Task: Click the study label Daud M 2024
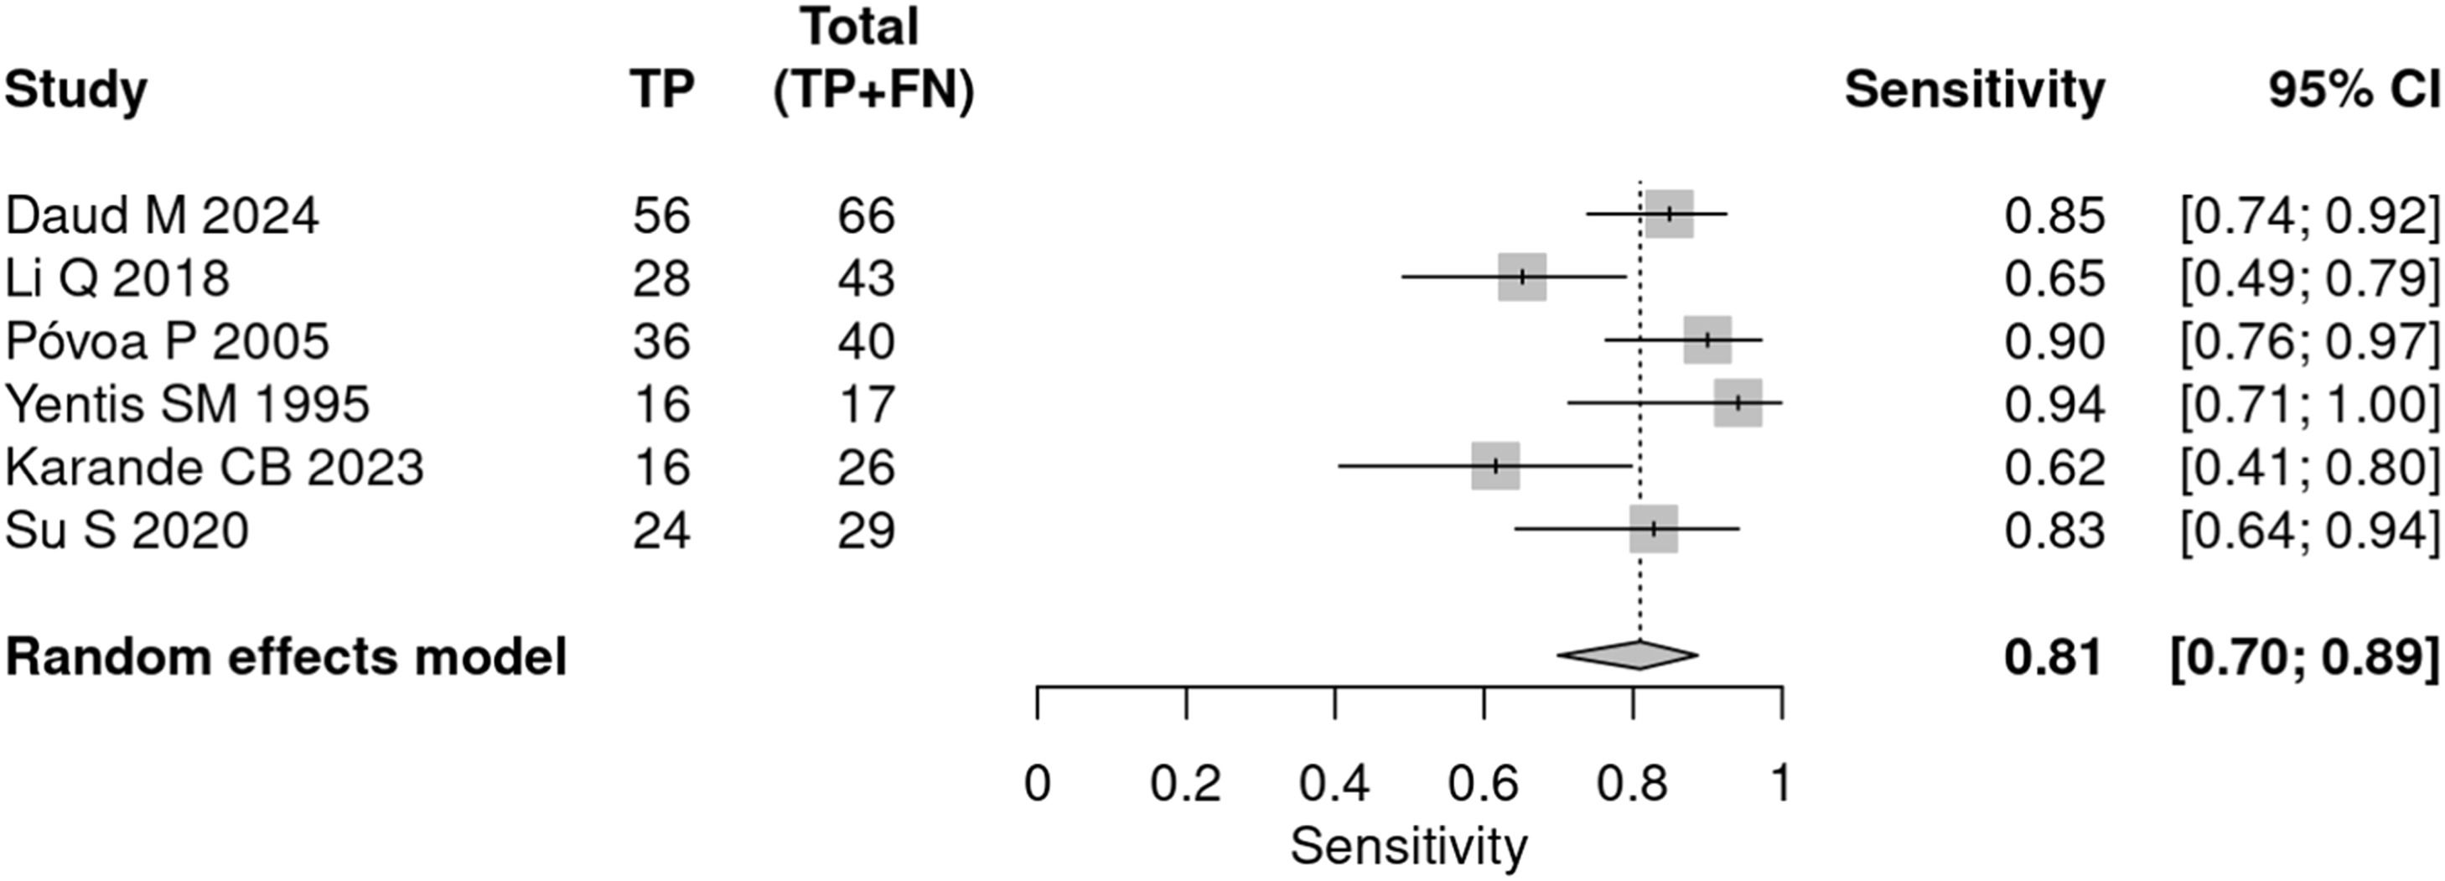click(162, 215)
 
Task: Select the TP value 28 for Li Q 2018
click(661, 278)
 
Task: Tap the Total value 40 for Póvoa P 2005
click(866, 341)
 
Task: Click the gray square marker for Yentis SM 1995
click(1738, 402)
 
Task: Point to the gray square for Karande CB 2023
click(1496, 466)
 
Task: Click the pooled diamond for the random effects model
click(1627, 654)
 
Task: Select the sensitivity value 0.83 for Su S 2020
click(2054, 530)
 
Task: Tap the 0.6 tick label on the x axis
click(1484, 784)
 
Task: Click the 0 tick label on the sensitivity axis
click(1038, 784)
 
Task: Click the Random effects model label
click(286, 656)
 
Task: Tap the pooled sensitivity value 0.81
click(2054, 656)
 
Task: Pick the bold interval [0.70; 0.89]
click(2304, 656)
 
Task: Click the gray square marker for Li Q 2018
click(1522, 277)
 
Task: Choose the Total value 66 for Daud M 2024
click(866, 215)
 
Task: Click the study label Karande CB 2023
click(215, 467)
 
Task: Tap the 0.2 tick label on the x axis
click(1185, 784)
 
